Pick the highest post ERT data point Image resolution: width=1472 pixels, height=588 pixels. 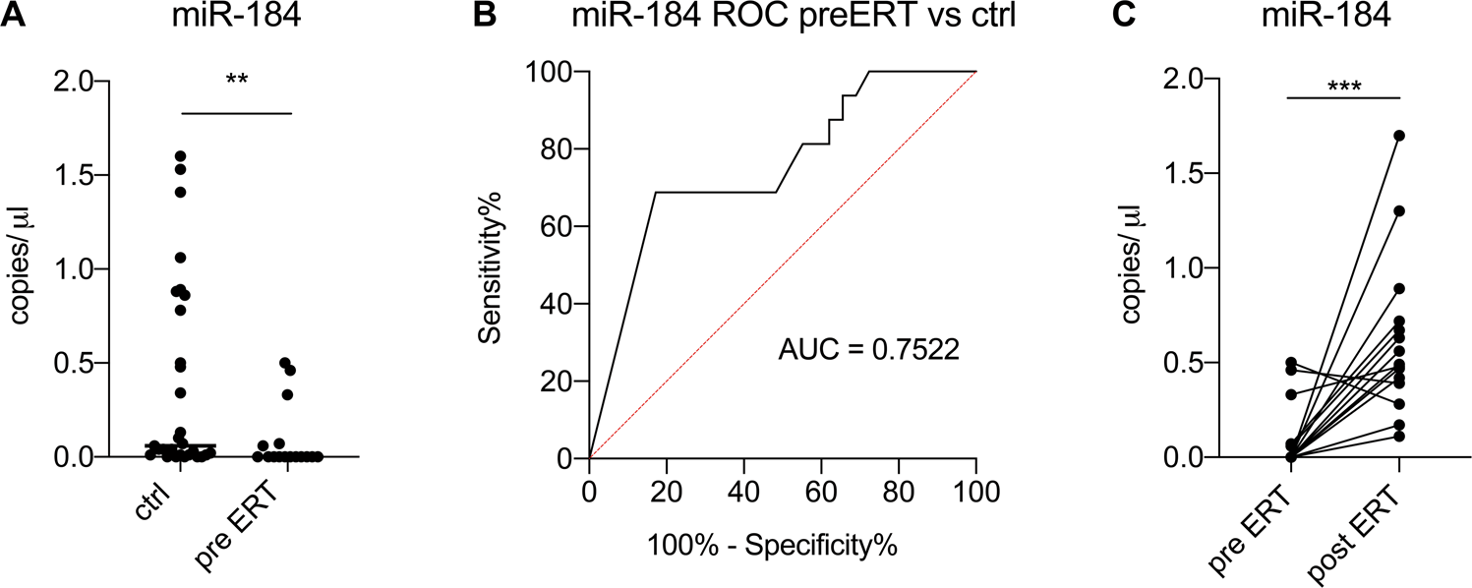click(1398, 136)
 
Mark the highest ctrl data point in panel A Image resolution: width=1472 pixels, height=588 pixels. click(180, 156)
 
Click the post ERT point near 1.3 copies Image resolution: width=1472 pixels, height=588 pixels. click(1398, 211)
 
